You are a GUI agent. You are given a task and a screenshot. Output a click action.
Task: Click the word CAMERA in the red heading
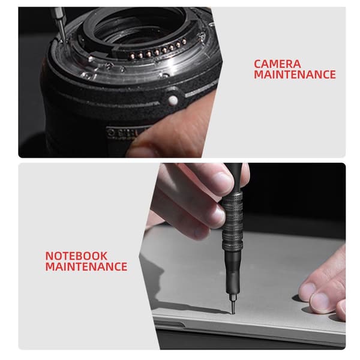(x=277, y=64)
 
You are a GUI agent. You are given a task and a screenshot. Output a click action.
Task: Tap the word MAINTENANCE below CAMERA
(x=295, y=74)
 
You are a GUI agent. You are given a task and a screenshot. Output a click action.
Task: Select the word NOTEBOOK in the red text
(x=76, y=256)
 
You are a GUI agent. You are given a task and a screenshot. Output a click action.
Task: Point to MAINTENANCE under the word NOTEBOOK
(x=86, y=266)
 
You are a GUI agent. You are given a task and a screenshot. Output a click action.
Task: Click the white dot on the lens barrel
(x=173, y=100)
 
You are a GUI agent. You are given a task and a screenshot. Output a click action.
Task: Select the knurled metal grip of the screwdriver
(x=232, y=221)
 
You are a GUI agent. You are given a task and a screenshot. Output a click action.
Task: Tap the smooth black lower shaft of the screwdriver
(x=233, y=273)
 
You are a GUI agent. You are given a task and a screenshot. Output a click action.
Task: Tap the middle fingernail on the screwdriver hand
(x=218, y=215)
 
